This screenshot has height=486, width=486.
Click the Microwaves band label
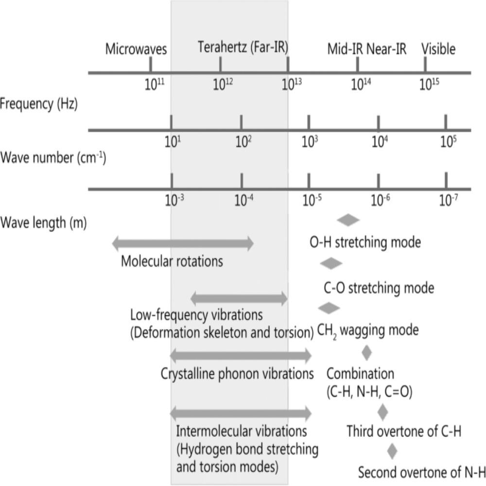[x=136, y=49]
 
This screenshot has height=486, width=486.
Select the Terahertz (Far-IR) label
[x=243, y=48]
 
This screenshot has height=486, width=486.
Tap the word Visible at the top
[x=438, y=49]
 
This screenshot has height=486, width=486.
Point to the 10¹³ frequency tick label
[x=292, y=84]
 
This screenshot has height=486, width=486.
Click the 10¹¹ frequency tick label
[x=154, y=85]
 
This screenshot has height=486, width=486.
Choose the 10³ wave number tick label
[x=310, y=142]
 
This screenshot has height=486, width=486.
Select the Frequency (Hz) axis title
[x=39, y=104]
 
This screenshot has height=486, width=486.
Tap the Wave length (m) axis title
[x=43, y=224]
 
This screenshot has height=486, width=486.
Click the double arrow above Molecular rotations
[x=182, y=243]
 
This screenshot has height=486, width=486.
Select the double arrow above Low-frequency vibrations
[x=239, y=298]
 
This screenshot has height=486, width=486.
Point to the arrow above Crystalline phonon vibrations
[x=241, y=356]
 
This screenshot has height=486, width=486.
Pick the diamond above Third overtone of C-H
[x=382, y=412]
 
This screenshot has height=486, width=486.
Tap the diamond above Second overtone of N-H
[x=392, y=451]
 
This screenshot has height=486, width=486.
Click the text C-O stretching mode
[x=379, y=288]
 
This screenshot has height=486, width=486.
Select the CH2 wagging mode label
[x=367, y=331]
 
